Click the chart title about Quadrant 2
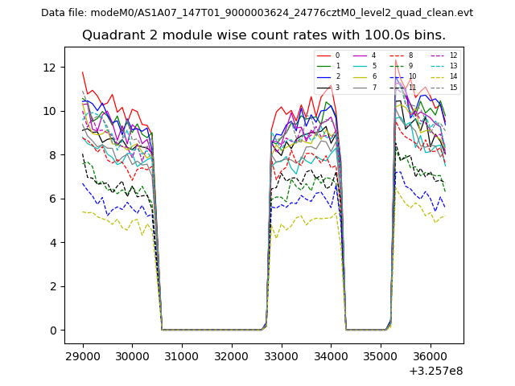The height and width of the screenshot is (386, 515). tap(263, 35)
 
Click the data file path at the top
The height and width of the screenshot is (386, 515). tap(257, 13)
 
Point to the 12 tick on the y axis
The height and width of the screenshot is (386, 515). tap(53, 67)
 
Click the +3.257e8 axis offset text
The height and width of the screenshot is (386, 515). tap(436, 371)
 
